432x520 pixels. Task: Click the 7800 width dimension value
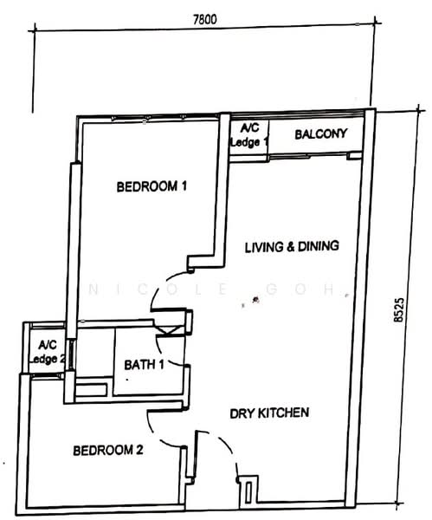coord(204,20)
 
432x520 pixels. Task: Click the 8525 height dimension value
coord(398,309)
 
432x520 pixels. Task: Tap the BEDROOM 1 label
coord(152,186)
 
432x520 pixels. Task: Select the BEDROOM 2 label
coord(108,451)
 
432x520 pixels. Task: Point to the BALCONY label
coord(320,134)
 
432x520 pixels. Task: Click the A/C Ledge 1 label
coord(249,135)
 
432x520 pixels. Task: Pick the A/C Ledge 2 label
coord(47,352)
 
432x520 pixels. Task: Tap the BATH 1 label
coord(144,365)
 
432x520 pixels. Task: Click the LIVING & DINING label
coord(292,247)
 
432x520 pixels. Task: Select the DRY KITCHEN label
coord(269,413)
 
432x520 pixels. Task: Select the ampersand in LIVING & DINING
coord(291,247)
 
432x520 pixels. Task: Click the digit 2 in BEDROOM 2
coord(139,450)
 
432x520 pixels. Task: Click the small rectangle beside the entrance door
coord(248,492)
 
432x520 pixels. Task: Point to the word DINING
coord(319,246)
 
